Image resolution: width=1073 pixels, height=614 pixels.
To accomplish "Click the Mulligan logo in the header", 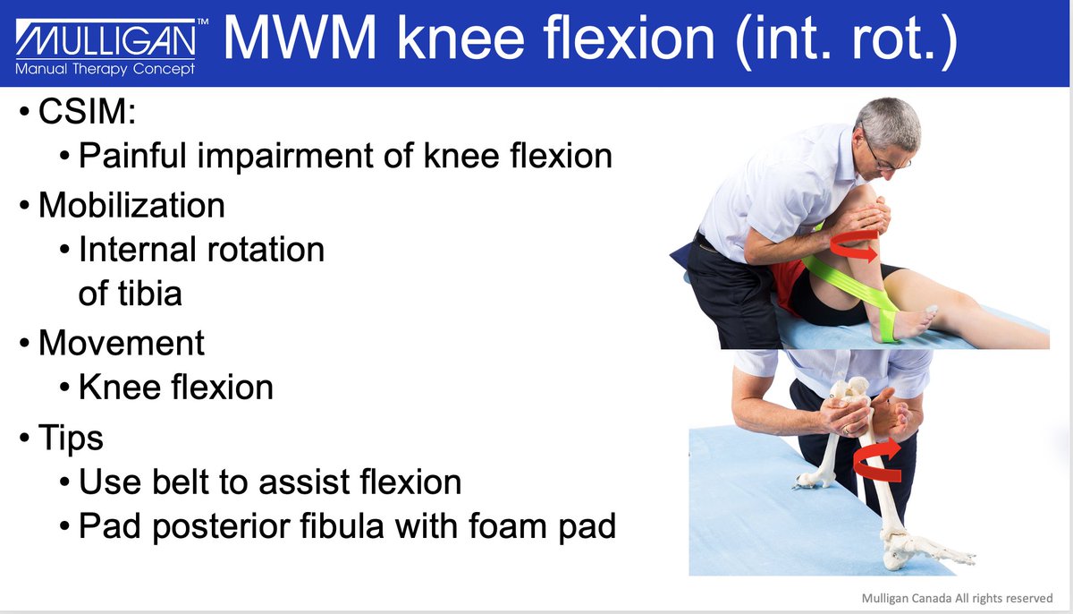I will pos(106,39).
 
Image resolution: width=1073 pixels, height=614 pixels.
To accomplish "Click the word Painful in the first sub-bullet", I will pos(135,156).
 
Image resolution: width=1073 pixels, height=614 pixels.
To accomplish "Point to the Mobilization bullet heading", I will pos(131,205).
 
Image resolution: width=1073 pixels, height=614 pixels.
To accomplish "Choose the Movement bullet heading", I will pos(122,342).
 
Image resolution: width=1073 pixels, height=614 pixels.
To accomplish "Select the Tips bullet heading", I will pos(71,438).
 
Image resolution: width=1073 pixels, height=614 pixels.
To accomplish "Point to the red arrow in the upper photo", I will pos(857,244).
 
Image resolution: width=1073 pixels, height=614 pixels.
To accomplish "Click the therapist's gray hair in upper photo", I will pos(890,121).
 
